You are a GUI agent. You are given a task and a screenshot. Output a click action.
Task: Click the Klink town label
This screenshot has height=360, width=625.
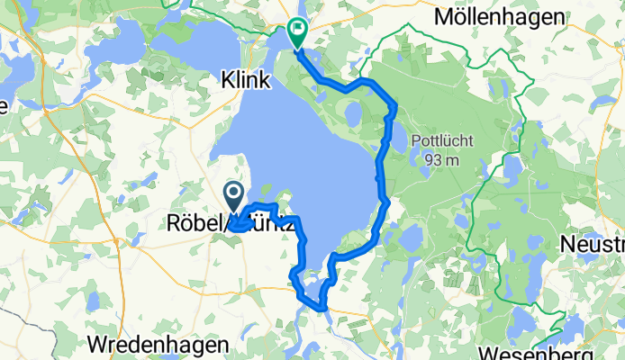point(245,81)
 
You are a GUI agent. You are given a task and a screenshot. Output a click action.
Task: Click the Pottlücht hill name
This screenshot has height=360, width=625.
point(439,141)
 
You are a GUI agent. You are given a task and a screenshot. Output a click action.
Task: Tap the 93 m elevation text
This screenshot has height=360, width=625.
point(439,160)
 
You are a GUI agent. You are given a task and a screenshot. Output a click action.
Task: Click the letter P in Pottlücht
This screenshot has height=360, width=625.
point(416,141)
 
